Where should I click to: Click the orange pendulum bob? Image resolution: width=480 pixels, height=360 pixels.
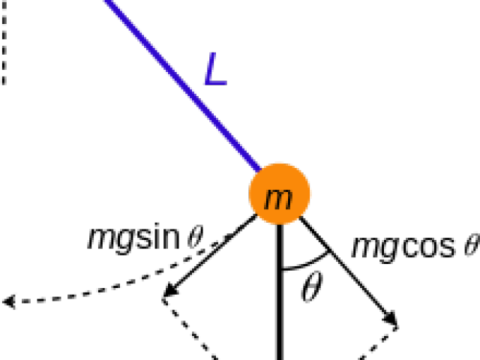(279, 193)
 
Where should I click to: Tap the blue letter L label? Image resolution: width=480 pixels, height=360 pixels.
(215, 69)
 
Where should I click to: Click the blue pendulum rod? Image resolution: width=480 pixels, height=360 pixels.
(182, 85)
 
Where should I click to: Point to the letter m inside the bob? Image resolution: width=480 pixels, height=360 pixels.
(278, 199)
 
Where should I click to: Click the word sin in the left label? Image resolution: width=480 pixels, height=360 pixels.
(158, 236)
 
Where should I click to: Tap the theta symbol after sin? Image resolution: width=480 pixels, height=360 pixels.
(195, 237)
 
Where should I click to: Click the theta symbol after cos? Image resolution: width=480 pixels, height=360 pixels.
(472, 244)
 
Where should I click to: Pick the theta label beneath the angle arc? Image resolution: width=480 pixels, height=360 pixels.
(312, 286)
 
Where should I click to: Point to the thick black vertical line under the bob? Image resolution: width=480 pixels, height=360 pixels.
(279, 292)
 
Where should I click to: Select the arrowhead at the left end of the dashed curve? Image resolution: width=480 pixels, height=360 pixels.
(8, 301)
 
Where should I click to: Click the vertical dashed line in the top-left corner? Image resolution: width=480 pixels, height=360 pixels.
(4, 42)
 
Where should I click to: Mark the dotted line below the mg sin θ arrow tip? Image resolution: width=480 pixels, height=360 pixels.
(190, 329)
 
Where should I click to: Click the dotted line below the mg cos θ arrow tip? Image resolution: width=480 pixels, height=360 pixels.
(378, 343)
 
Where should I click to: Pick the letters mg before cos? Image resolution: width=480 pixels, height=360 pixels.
(376, 248)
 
